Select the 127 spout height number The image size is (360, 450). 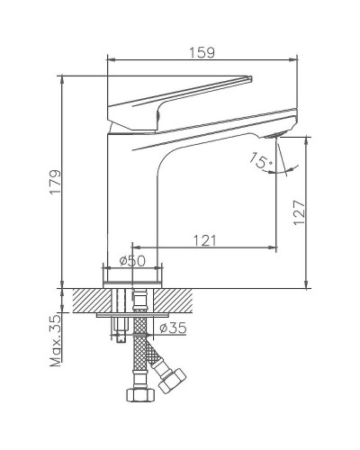(300, 211)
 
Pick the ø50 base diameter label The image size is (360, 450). (133, 260)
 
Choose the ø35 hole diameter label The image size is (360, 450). (174, 329)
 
